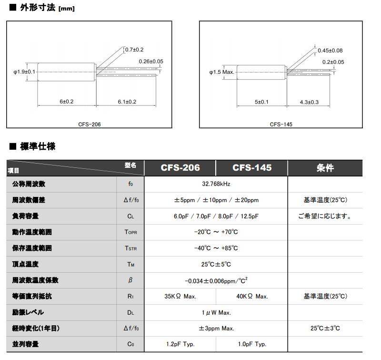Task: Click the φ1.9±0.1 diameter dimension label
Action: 24,72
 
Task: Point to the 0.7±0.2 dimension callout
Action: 134,50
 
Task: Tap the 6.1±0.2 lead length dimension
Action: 127,102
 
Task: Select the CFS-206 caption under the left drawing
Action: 90,124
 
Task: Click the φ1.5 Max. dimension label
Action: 222,72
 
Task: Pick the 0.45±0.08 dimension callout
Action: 330,51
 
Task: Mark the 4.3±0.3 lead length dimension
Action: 309,102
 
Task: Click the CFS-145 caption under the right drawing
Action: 281,124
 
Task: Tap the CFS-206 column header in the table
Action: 180,168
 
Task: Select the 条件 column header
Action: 325,168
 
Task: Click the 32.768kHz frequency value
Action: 216,184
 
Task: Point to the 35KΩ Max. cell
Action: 180,297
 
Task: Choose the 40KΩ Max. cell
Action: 252,297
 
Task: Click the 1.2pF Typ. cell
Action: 180,344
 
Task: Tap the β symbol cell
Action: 130,280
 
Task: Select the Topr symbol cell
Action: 130,232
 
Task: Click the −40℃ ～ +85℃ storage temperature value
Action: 216,248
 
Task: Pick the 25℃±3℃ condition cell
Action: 325,329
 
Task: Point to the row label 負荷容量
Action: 25,216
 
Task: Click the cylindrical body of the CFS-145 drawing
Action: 261,72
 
